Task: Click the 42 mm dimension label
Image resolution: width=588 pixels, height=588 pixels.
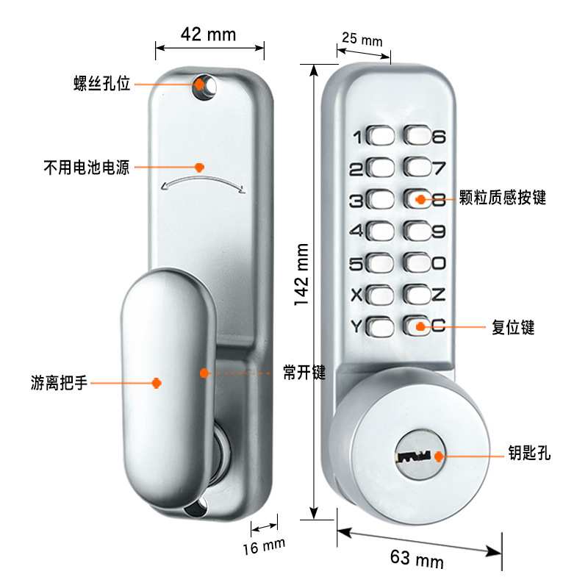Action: (208, 35)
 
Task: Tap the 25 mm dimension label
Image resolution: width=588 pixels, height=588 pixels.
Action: (362, 39)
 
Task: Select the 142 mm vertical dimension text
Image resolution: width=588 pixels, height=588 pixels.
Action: (301, 274)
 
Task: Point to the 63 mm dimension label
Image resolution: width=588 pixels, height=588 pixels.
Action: (417, 559)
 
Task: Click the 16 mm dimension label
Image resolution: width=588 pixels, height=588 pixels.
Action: (264, 546)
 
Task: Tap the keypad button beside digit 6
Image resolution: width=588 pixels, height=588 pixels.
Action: (417, 135)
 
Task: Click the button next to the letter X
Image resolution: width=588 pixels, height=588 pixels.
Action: (380, 295)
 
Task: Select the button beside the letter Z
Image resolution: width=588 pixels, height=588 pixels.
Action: (417, 295)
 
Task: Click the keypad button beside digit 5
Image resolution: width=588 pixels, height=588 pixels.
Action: (380, 263)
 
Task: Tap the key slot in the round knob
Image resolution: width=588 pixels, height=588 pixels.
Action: (415, 456)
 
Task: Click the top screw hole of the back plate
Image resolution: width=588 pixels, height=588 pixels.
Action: (204, 86)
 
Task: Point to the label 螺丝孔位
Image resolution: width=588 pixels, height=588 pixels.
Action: (102, 83)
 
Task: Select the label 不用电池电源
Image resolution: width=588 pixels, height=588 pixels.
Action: (87, 168)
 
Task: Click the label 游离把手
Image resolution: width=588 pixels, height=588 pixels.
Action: (59, 383)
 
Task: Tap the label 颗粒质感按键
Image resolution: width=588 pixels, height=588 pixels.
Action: (503, 197)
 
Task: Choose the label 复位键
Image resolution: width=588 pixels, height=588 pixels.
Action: (513, 327)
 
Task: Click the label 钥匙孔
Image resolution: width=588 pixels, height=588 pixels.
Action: (529, 453)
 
